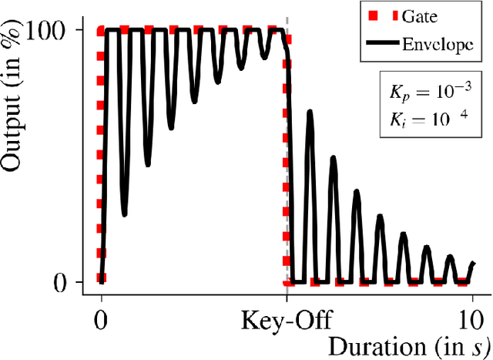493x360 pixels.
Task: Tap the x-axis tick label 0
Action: (101, 320)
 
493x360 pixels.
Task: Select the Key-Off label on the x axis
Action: (287, 320)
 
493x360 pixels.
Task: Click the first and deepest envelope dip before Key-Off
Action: (124, 215)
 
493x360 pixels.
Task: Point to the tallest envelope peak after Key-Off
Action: (310, 112)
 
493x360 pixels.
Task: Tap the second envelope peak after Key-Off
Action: (333, 158)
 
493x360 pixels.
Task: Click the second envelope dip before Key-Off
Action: (148, 165)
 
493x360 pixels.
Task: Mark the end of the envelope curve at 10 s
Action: (472, 263)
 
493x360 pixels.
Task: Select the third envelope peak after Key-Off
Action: (356, 190)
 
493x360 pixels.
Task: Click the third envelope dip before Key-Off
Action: (172, 127)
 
